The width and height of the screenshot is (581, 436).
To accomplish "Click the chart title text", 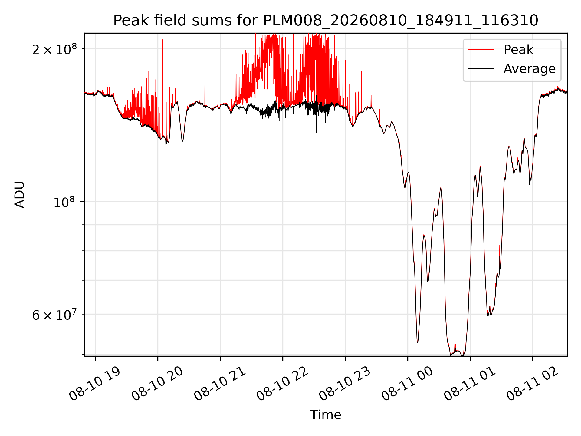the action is [x=326, y=21].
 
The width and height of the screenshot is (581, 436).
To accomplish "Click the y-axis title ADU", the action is [x=20, y=194].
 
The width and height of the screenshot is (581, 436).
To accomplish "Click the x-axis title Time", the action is [x=326, y=415].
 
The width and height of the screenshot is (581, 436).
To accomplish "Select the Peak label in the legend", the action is [x=518, y=50].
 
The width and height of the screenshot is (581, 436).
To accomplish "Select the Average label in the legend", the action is [x=530, y=69].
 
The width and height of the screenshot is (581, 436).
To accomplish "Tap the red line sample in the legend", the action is [x=481, y=50].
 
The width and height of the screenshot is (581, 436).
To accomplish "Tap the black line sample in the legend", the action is [x=481, y=69].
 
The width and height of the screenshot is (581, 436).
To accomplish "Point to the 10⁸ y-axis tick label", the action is [x=65, y=202].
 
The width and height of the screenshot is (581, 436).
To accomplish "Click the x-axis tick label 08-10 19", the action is [x=95, y=384].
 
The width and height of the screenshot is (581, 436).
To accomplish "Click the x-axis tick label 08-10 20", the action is [x=157, y=384].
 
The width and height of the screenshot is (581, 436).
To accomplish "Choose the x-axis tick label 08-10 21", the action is [x=220, y=384].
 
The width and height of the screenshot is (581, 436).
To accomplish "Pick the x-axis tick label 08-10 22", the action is [x=282, y=384].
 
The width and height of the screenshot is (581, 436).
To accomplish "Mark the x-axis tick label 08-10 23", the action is [x=345, y=384].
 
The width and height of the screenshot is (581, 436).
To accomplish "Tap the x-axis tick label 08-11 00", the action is [x=407, y=384].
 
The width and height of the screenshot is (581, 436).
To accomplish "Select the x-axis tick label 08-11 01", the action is [x=470, y=384].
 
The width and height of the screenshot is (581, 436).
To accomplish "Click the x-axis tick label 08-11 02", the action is [x=532, y=384].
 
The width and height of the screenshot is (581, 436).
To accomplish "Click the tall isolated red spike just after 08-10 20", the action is [x=163, y=88].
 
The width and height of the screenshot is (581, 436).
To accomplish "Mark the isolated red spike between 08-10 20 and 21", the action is [x=205, y=88].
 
